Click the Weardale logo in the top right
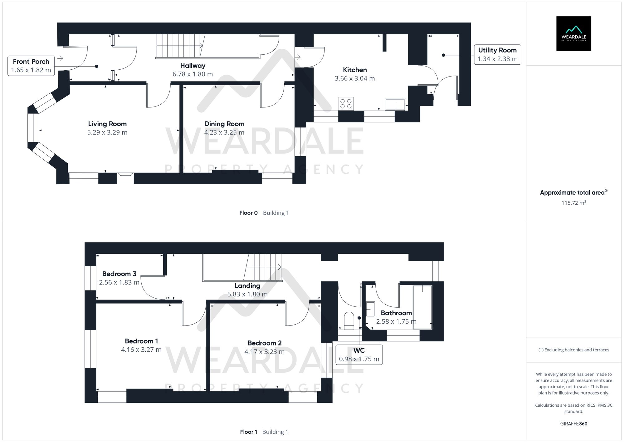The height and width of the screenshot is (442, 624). [x=573, y=34]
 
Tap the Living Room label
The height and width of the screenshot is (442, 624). [x=107, y=124]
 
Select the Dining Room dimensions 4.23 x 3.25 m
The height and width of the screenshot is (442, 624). [x=224, y=132]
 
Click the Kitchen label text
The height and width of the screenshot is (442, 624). [x=355, y=70]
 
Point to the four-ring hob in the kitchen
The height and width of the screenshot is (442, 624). [x=346, y=104]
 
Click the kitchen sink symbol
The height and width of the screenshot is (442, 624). [x=395, y=105]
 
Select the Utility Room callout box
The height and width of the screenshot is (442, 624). [x=497, y=55]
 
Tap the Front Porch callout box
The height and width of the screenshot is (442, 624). [x=31, y=66]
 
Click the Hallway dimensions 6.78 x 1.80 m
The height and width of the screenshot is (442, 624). [x=193, y=74]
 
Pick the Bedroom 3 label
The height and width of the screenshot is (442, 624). [x=119, y=274]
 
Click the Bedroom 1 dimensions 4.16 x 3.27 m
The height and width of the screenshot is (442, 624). [x=141, y=350]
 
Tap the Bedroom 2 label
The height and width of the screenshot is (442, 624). [x=265, y=343]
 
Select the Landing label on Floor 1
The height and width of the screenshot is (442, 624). [x=247, y=286]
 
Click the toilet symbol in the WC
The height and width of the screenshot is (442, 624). [x=349, y=321]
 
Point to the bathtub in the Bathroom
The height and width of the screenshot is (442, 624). [x=422, y=307]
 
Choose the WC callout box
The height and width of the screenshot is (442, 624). [x=359, y=355]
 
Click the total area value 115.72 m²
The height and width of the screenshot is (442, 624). [x=573, y=203]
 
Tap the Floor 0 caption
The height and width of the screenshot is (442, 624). [x=248, y=213]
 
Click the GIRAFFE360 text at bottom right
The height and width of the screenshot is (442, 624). [x=573, y=424]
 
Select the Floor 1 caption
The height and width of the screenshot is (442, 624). [x=248, y=432]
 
